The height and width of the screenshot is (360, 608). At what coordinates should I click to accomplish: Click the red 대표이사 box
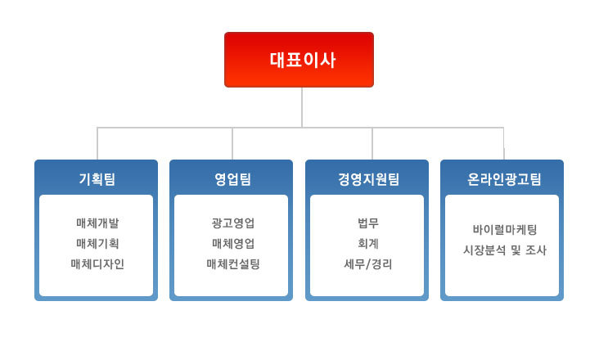tap(299, 60)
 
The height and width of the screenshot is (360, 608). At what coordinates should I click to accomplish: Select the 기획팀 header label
tap(97, 179)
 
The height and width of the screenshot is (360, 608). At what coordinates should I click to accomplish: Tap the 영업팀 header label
tap(232, 179)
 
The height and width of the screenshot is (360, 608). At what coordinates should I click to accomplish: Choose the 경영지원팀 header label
tap(368, 179)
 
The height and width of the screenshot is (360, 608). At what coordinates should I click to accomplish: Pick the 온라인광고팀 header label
tap(504, 179)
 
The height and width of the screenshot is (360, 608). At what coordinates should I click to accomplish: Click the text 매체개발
tap(97, 223)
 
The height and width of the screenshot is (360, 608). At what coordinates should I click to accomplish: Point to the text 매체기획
tap(97, 243)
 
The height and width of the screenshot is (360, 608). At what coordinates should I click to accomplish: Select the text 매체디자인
tap(97, 264)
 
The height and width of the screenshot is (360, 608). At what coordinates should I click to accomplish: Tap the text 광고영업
tap(233, 223)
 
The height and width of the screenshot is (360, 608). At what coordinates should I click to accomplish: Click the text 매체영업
tap(233, 243)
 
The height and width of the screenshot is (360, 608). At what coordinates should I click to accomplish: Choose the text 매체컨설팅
tap(233, 264)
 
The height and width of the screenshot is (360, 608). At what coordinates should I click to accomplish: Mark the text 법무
tap(368, 223)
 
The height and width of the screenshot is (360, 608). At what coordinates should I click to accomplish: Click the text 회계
tap(368, 243)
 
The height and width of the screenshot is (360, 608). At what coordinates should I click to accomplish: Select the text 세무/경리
tap(368, 264)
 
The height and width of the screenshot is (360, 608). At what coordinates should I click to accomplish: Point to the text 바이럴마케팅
tap(504, 229)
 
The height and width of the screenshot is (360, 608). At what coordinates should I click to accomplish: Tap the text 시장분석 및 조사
tap(504, 250)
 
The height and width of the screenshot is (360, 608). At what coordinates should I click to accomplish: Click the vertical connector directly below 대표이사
tap(302, 107)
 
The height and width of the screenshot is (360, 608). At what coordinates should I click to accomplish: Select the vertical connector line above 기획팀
tap(97, 143)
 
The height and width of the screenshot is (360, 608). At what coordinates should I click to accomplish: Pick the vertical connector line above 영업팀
tap(232, 143)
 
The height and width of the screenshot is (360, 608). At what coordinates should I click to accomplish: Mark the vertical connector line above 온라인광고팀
tap(504, 143)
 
